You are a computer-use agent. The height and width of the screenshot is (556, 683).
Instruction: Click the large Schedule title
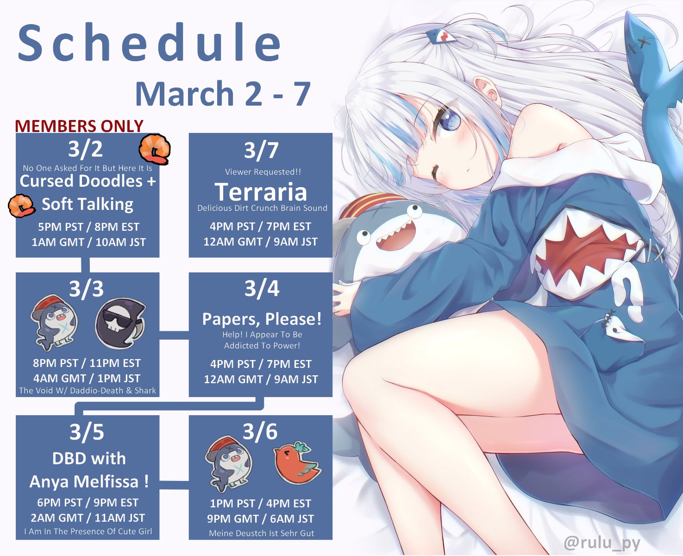(150, 42)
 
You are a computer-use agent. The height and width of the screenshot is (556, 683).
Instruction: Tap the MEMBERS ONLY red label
(79, 126)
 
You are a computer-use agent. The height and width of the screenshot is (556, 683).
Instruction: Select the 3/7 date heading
(261, 150)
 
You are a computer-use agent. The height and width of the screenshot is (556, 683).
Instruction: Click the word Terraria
(261, 191)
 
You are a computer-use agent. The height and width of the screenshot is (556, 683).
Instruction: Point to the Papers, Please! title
(262, 319)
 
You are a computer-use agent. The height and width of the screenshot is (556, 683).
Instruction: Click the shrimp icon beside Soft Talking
(21, 206)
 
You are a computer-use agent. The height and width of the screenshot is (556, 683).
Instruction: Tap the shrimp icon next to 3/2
(154, 149)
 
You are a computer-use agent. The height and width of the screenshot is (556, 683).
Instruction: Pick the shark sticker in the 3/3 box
(55, 322)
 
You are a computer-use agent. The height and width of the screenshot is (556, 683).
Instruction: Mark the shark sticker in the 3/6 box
(229, 464)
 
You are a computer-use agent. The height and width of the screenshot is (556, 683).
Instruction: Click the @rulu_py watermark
(602, 543)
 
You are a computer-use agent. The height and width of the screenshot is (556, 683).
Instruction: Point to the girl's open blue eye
(449, 121)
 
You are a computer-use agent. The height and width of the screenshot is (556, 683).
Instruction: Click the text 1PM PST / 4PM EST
(260, 503)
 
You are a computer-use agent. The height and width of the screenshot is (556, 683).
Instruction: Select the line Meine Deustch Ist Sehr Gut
(261, 533)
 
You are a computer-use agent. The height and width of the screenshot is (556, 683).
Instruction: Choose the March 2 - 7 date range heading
(223, 94)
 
